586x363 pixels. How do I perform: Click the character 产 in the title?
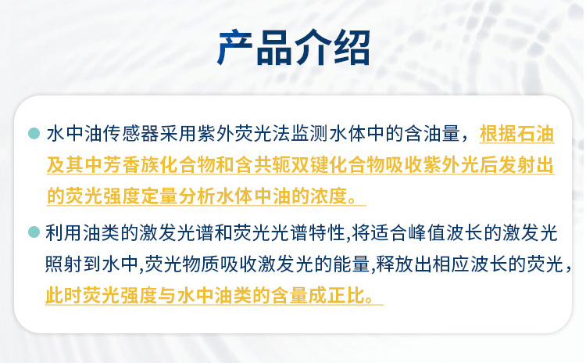234,48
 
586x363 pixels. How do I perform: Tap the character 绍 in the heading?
352,48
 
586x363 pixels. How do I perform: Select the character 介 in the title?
313,48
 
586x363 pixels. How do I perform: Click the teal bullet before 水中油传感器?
34,133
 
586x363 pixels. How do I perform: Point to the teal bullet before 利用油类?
34,232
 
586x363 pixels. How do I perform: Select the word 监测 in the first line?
310,134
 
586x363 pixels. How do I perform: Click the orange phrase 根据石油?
516,134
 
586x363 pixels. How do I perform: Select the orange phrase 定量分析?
178,196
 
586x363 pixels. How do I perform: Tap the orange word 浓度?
329,196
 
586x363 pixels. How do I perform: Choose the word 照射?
63,264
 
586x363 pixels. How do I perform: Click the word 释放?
395,264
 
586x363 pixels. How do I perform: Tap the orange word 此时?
63,296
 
